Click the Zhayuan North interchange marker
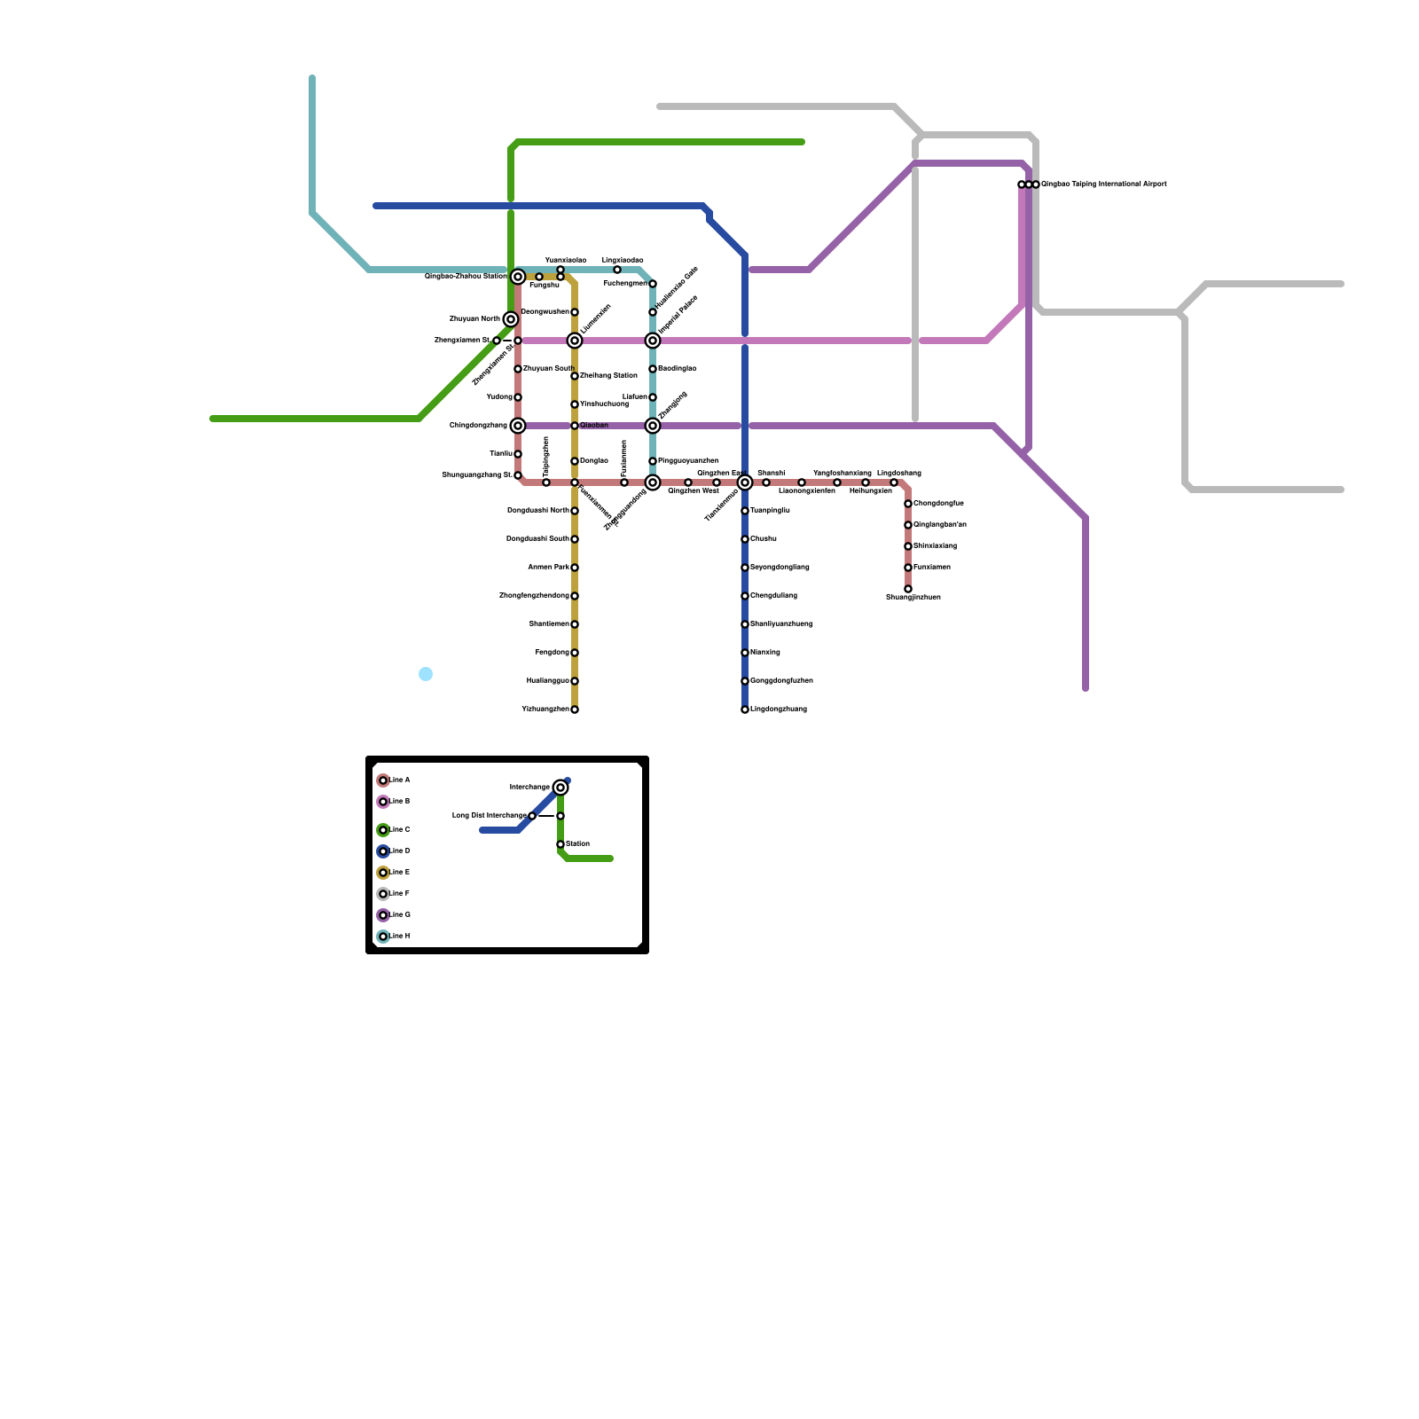[x=511, y=319]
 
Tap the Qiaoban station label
[x=594, y=426]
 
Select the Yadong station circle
[x=518, y=397]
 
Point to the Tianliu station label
[x=501, y=454]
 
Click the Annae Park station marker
[x=575, y=568]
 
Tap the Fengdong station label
[x=553, y=653]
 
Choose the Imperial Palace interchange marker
[x=653, y=341]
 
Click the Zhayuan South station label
[x=548, y=368]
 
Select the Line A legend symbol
[x=383, y=780]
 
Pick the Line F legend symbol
[x=383, y=894]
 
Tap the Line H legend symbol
[x=383, y=937]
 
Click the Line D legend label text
[x=400, y=851]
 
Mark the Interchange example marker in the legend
[x=561, y=788]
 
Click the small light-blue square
[x=426, y=674]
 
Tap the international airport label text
[x=1103, y=184]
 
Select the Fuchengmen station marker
[x=653, y=284]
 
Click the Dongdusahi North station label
[x=538, y=511]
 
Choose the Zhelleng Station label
[x=608, y=376]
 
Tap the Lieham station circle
[x=653, y=397]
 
